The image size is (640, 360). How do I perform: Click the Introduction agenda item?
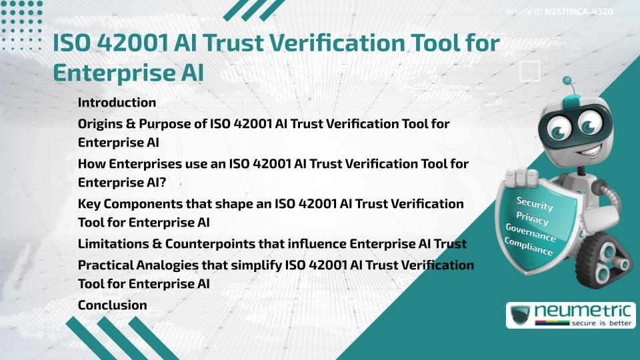117,103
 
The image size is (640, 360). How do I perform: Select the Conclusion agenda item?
112,305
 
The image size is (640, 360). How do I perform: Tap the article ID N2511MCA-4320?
578,12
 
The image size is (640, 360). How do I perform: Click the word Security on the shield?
534,203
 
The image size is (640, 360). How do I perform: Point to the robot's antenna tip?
569,83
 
